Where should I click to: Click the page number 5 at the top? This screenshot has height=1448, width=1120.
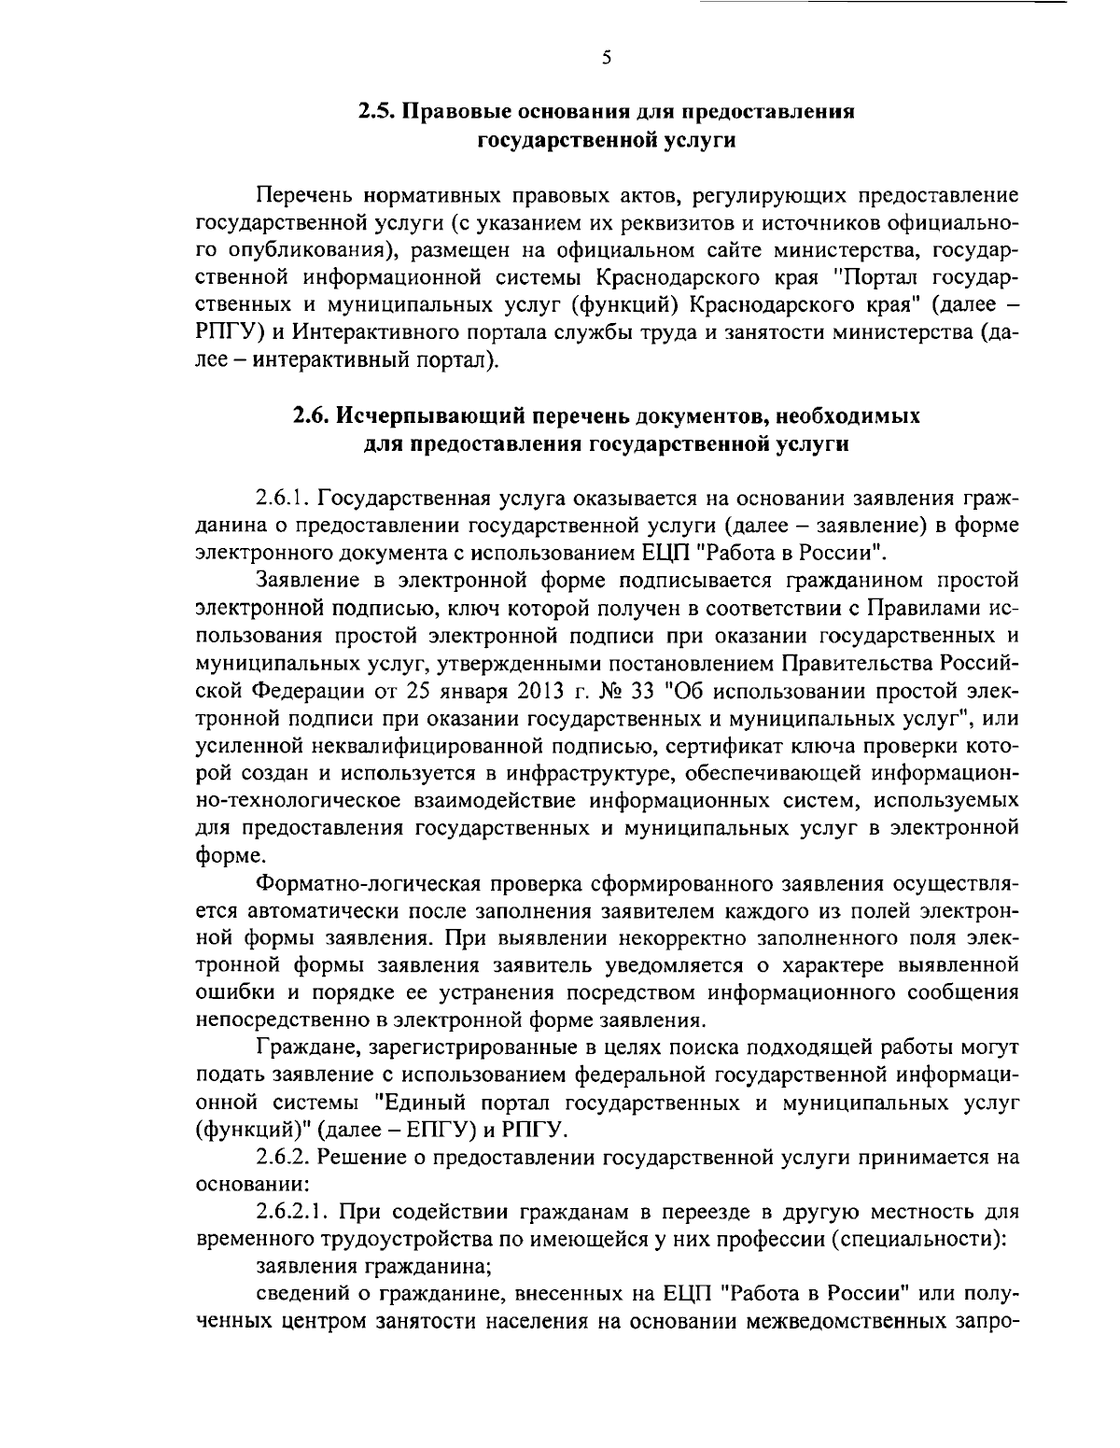coord(606,58)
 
